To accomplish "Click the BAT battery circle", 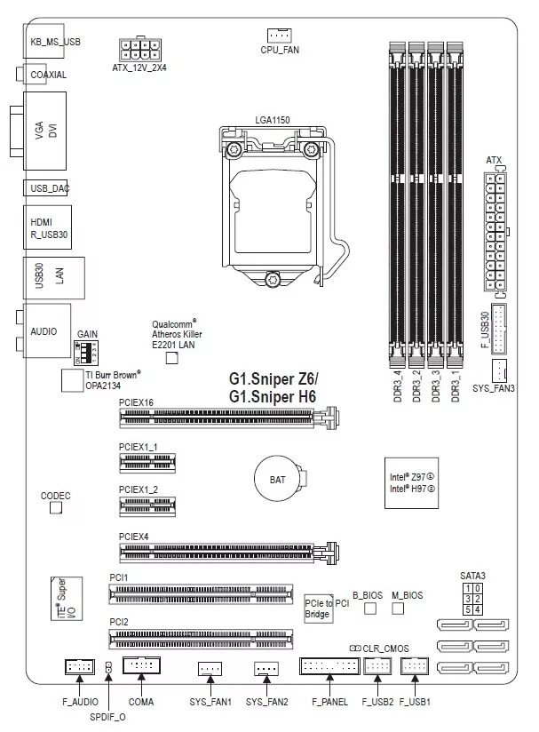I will tap(277, 480).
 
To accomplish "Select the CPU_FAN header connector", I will tap(279, 35).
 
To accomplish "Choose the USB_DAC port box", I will tap(44, 188).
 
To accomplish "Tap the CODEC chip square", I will tap(56, 507).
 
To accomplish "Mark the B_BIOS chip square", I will tap(370, 609).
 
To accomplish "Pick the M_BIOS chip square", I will tap(399, 609).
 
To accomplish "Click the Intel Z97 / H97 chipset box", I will tap(412, 483).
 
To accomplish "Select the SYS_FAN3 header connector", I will tap(499, 370).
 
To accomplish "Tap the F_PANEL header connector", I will tap(329, 666).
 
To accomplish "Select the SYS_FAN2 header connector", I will tap(266, 668).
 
